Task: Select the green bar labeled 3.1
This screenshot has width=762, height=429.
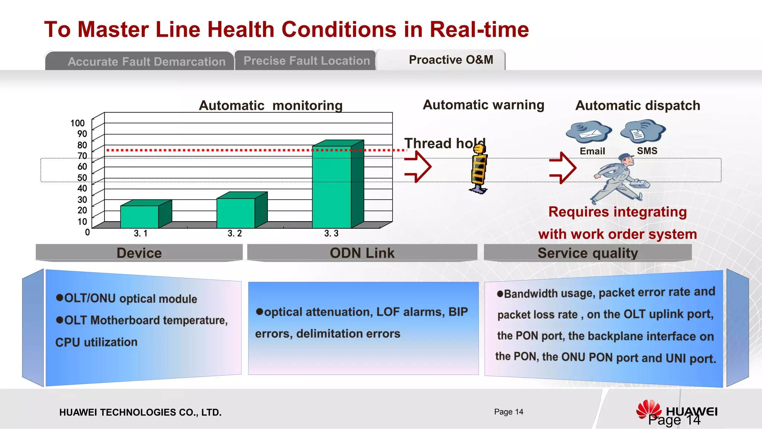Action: coord(140,216)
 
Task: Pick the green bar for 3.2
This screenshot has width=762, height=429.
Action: coord(236,213)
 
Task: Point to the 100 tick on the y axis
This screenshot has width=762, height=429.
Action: coord(78,123)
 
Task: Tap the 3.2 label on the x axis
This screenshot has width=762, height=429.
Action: coord(235,233)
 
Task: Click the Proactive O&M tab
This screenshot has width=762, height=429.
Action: coord(451,60)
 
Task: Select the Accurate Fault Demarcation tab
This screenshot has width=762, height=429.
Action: coord(147,61)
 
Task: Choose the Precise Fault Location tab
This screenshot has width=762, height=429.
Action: coord(307,61)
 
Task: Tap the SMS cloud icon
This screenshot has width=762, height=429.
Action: coord(643,131)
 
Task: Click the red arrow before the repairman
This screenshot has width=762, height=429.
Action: coord(563,168)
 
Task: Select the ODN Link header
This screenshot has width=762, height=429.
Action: coord(362,253)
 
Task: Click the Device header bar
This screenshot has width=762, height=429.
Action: coord(139,253)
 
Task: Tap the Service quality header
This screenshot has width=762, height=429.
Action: coord(587,253)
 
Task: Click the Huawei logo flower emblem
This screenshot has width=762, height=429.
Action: coord(649,409)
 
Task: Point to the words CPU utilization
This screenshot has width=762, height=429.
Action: coord(96,342)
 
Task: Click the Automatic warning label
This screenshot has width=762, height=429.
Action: coord(484,105)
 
